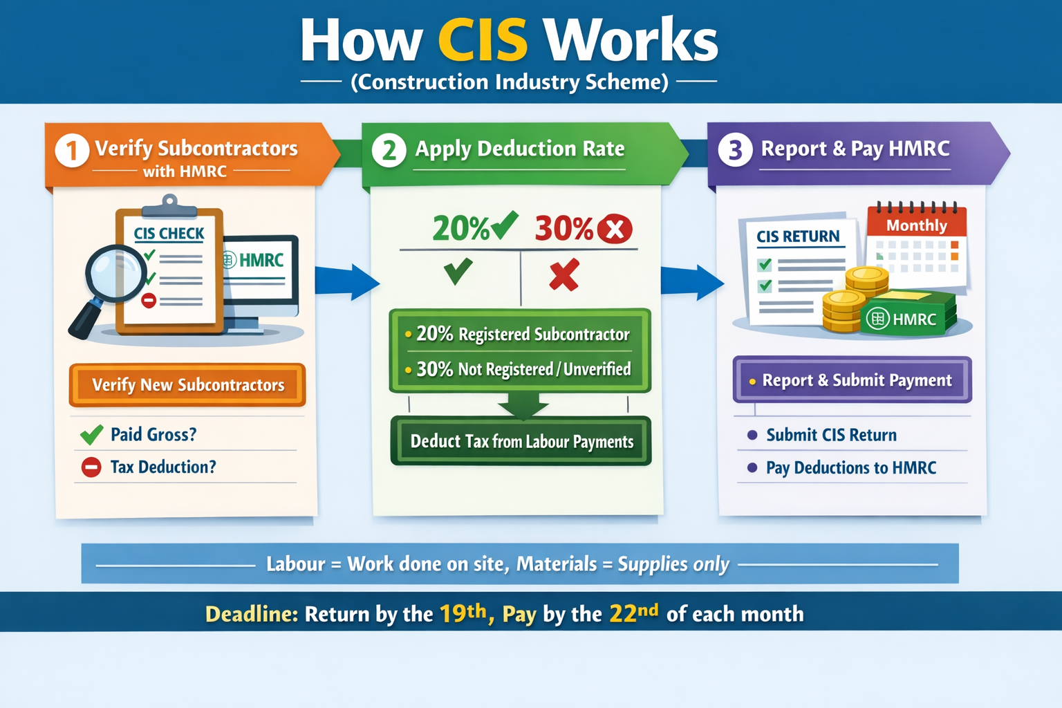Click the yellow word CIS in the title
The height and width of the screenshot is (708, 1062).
point(483,40)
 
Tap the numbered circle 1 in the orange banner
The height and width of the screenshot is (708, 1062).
point(72,150)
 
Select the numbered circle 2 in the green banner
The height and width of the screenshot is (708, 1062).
point(389,150)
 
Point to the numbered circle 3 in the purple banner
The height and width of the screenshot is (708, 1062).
point(735,150)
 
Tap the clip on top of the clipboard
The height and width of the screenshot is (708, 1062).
point(169,206)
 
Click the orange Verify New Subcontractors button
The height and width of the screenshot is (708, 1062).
point(187,385)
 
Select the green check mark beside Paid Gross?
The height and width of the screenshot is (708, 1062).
point(91,434)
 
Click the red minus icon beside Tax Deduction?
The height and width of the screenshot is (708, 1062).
point(91,467)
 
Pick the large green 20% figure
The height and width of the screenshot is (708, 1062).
point(461,228)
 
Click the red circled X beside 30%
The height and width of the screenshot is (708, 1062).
point(614,229)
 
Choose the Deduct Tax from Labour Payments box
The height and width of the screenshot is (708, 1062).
point(521,441)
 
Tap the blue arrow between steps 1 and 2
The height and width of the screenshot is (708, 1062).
point(346,281)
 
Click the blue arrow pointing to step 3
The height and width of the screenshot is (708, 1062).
point(691,281)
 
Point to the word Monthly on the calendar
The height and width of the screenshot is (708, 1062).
point(916,225)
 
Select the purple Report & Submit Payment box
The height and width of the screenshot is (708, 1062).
point(852,380)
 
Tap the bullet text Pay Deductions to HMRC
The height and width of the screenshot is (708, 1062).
point(850,468)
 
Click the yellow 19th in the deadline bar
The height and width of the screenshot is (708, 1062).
point(463,613)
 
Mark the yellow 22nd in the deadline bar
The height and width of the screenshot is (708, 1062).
point(633,613)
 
